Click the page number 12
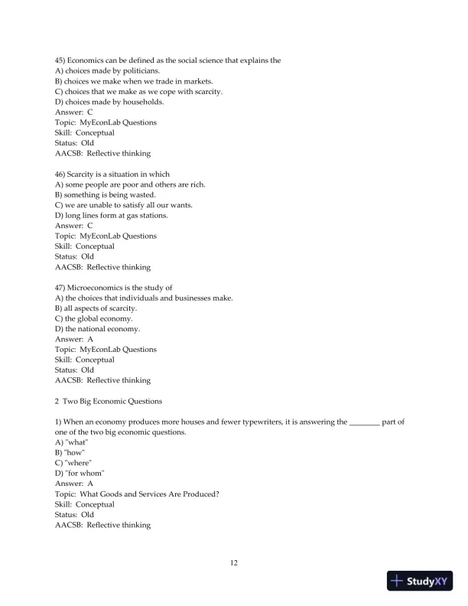[x=234, y=564]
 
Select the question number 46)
[x=63, y=174]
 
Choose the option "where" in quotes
[x=74, y=463]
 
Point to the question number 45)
[x=63, y=60]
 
